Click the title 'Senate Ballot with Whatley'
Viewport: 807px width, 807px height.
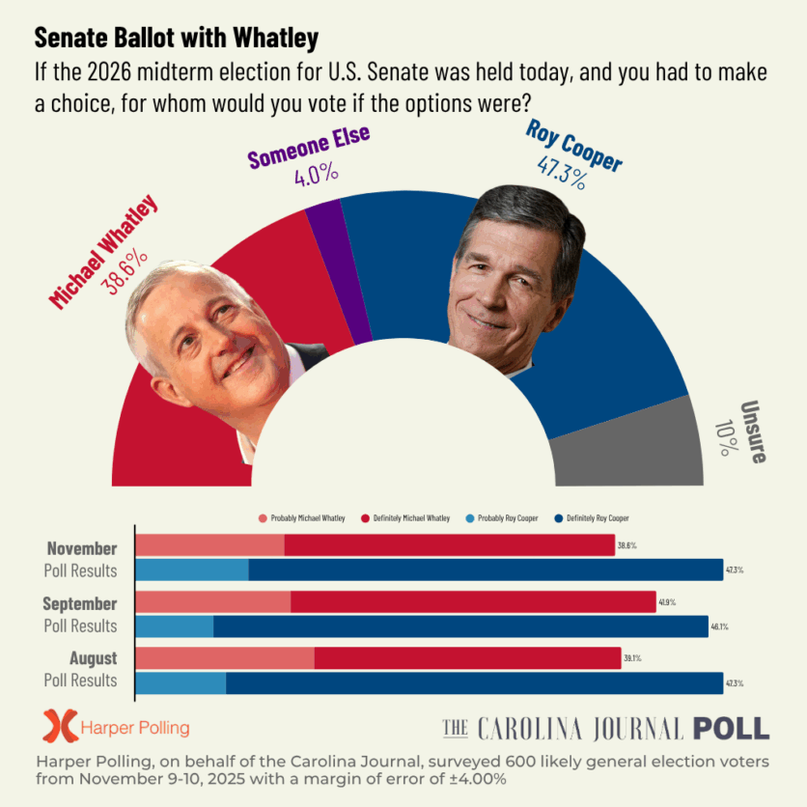177,39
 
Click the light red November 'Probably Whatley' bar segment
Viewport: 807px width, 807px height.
209,545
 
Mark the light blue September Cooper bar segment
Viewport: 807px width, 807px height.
175,626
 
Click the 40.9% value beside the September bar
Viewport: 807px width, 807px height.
667,602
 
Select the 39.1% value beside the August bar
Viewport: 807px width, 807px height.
632,658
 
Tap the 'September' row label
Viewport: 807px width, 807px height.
80,603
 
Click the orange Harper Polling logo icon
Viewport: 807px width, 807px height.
60,726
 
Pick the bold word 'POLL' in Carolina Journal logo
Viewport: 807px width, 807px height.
731,728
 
